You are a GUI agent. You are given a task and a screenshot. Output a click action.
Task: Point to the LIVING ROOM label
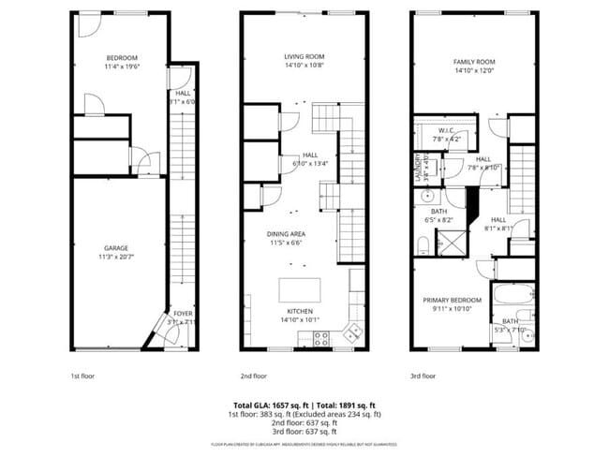pyautogui.click(x=304, y=56)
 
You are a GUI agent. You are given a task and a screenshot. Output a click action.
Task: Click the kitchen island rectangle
pyautogui.click(x=299, y=288)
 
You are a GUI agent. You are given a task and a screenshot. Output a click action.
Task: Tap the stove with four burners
pyautogui.click(x=321, y=340)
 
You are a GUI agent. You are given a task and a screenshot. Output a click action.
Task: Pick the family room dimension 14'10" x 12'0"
pyautogui.click(x=473, y=70)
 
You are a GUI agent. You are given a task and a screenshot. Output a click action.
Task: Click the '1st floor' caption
pyautogui.click(x=82, y=376)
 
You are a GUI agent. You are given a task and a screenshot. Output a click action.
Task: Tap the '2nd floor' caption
pyautogui.click(x=254, y=376)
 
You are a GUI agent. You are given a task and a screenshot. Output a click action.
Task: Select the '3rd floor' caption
pyautogui.click(x=423, y=376)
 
